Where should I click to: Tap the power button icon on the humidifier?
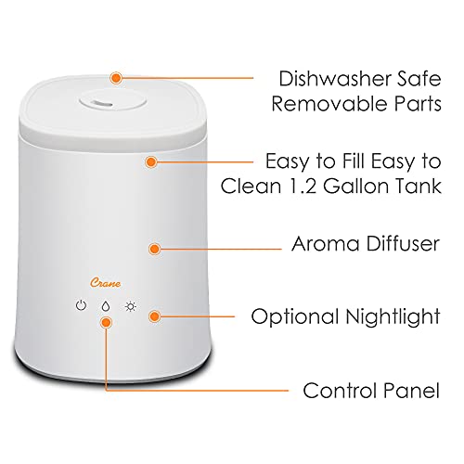point(82,304)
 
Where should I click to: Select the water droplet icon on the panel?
point(107,305)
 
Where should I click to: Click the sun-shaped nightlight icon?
point(132,304)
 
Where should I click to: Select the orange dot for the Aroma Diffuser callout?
point(156,249)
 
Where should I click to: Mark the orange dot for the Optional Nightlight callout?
point(156,316)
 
